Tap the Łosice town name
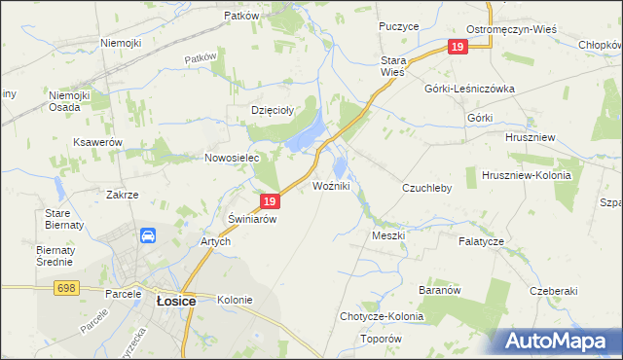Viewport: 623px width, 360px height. pos(176,302)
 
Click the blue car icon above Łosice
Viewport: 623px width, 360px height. pos(148,235)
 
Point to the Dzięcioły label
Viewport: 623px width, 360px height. pos(273,110)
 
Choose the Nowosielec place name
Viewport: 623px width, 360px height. pos(229,158)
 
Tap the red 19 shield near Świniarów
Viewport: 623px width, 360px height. pos(271,202)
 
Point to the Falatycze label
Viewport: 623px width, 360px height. pos(482,240)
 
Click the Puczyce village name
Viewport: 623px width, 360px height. pos(399,26)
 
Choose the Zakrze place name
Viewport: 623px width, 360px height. pos(123,195)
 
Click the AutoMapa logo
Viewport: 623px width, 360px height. pos(561,342)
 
